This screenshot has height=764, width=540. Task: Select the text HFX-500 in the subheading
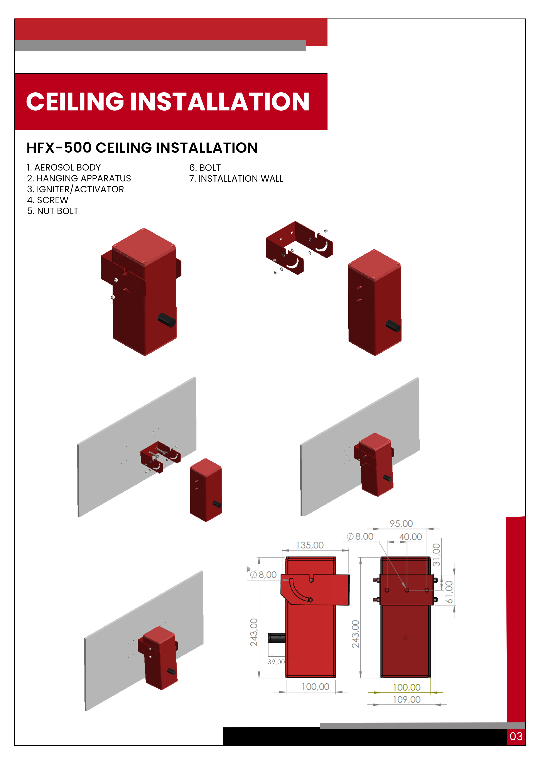pos(59,148)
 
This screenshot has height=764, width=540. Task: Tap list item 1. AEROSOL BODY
pos(64,167)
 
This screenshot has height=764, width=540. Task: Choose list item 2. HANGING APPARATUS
pos(79,178)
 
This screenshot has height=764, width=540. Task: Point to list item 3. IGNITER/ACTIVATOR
pos(76,189)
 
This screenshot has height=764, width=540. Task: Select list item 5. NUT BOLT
pos(52,211)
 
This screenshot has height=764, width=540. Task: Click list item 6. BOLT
pos(205,168)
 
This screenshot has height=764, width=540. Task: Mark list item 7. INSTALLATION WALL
pos(236,179)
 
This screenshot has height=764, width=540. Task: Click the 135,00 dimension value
pos(310,545)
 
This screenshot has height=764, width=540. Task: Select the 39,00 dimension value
pos(276,662)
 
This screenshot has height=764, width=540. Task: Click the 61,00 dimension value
pos(449,592)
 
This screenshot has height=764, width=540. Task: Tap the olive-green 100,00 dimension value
pos(407,687)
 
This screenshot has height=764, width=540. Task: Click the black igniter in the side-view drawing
pos(277,638)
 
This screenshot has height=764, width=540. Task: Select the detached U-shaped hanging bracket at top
pos(299,248)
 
